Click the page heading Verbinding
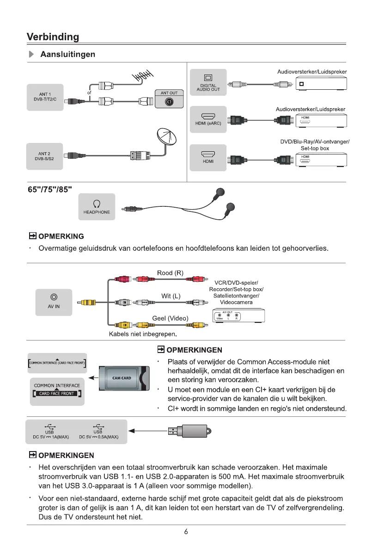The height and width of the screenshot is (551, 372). pos(53,37)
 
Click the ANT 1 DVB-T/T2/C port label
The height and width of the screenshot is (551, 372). pos(45,97)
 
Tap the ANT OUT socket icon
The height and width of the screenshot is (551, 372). pos(169,102)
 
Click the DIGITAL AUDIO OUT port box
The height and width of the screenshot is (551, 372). pos(209,82)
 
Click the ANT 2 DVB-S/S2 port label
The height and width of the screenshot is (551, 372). pos(45,156)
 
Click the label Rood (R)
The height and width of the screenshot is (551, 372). pos(171,273)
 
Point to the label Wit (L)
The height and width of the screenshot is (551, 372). pos(171,296)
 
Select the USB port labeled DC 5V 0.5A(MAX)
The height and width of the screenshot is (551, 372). pos(99,432)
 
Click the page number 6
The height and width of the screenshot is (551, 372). pos(185,532)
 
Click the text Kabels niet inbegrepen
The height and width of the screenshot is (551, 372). pos(143,334)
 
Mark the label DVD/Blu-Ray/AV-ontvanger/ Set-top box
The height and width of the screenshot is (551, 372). pos(315,145)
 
